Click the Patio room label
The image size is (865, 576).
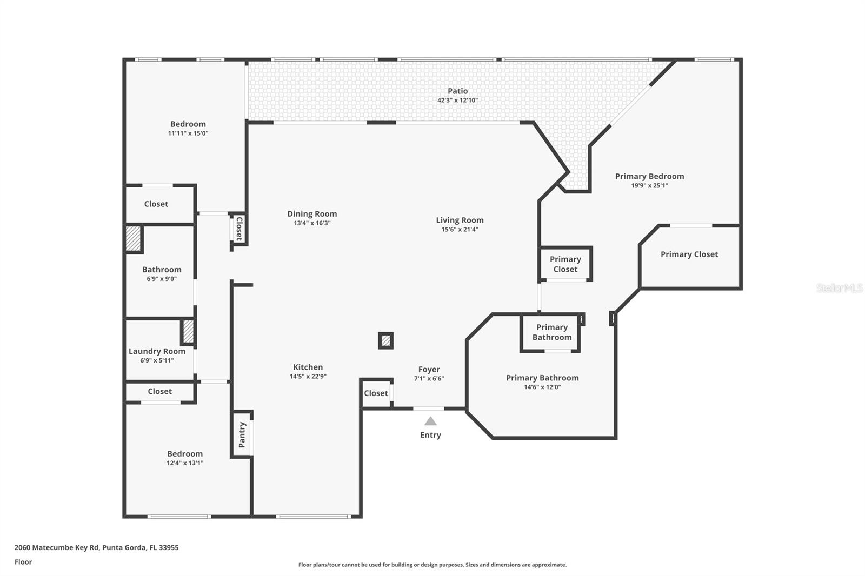click(x=457, y=91)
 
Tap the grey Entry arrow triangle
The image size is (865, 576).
click(x=430, y=421)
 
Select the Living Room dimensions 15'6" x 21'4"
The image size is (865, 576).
click(x=460, y=229)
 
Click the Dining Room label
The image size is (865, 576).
click(x=312, y=214)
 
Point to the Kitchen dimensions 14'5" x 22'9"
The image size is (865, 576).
click(x=308, y=377)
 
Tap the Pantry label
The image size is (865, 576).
click(x=242, y=435)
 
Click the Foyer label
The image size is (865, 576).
click(x=429, y=370)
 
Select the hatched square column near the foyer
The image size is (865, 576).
click(x=386, y=340)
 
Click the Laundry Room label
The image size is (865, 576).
click(x=157, y=351)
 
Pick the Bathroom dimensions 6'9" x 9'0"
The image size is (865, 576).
click(x=162, y=279)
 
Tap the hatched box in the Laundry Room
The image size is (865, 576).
click(x=188, y=332)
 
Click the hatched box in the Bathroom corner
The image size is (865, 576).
click(x=134, y=239)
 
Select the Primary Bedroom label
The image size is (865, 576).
click(x=649, y=177)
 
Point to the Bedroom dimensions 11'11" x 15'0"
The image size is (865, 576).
click(x=188, y=133)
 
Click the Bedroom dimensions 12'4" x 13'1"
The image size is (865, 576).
click(x=185, y=463)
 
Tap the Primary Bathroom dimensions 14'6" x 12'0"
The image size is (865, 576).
click(x=542, y=387)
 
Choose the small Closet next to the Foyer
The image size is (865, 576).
click(x=376, y=393)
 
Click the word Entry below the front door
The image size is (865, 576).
click(x=430, y=435)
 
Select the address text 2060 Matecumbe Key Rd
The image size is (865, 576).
click(x=57, y=547)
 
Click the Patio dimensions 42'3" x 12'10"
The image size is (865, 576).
click(x=457, y=101)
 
